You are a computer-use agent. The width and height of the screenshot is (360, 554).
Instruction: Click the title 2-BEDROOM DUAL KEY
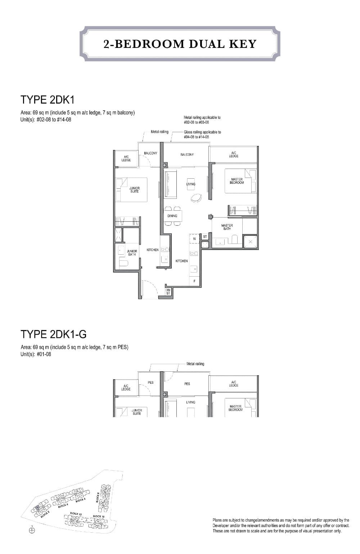point(180,44)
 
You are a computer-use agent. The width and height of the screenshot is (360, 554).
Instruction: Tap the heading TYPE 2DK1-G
point(54,334)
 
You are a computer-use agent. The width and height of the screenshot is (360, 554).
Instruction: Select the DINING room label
point(172,216)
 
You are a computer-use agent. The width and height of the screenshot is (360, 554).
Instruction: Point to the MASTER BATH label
point(227,227)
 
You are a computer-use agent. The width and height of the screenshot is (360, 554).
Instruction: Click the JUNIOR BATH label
point(132,253)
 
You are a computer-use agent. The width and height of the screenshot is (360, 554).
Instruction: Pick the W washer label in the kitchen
point(194,238)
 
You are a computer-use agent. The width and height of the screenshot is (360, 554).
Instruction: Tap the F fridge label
point(194,281)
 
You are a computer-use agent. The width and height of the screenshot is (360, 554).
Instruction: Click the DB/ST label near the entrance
point(168,292)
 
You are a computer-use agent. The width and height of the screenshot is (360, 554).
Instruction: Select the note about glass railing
point(202,134)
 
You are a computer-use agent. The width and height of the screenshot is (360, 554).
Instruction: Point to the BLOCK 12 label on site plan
point(75,513)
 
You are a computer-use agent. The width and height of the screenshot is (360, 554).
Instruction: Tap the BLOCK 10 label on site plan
point(98,516)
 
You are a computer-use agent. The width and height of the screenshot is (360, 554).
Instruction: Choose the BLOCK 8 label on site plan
point(98,497)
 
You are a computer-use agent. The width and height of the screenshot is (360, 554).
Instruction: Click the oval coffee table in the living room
point(197,197)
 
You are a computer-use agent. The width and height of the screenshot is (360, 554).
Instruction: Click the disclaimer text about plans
point(281,526)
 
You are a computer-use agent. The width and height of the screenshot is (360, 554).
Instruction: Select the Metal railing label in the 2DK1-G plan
point(195,364)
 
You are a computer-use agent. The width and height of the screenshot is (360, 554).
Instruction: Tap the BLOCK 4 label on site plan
point(63,505)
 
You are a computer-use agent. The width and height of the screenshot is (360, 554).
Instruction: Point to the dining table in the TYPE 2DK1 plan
point(172,216)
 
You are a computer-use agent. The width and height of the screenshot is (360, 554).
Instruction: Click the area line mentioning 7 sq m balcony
point(78,113)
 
